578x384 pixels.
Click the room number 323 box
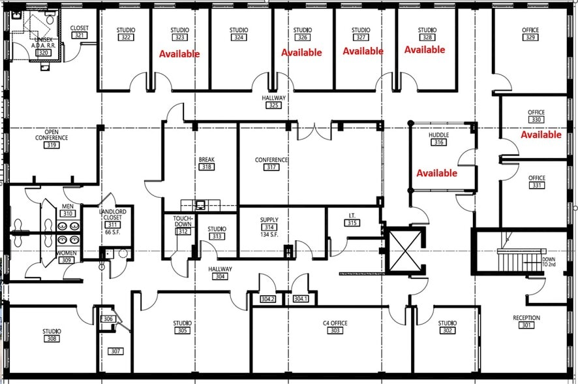180,38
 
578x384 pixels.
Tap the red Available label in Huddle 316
436,173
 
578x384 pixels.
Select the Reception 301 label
526,322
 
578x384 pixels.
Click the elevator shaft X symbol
403,250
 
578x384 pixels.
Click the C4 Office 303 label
335,327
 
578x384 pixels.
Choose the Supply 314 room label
269,227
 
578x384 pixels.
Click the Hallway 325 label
274,101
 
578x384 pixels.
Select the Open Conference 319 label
52,138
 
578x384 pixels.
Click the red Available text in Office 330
541,135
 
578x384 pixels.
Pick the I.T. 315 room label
352,219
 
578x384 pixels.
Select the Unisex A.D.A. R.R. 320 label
44,46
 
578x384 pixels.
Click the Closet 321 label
79,31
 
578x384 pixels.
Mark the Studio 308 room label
52,335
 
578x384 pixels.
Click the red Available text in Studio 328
425,50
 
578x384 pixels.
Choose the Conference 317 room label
271,163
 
